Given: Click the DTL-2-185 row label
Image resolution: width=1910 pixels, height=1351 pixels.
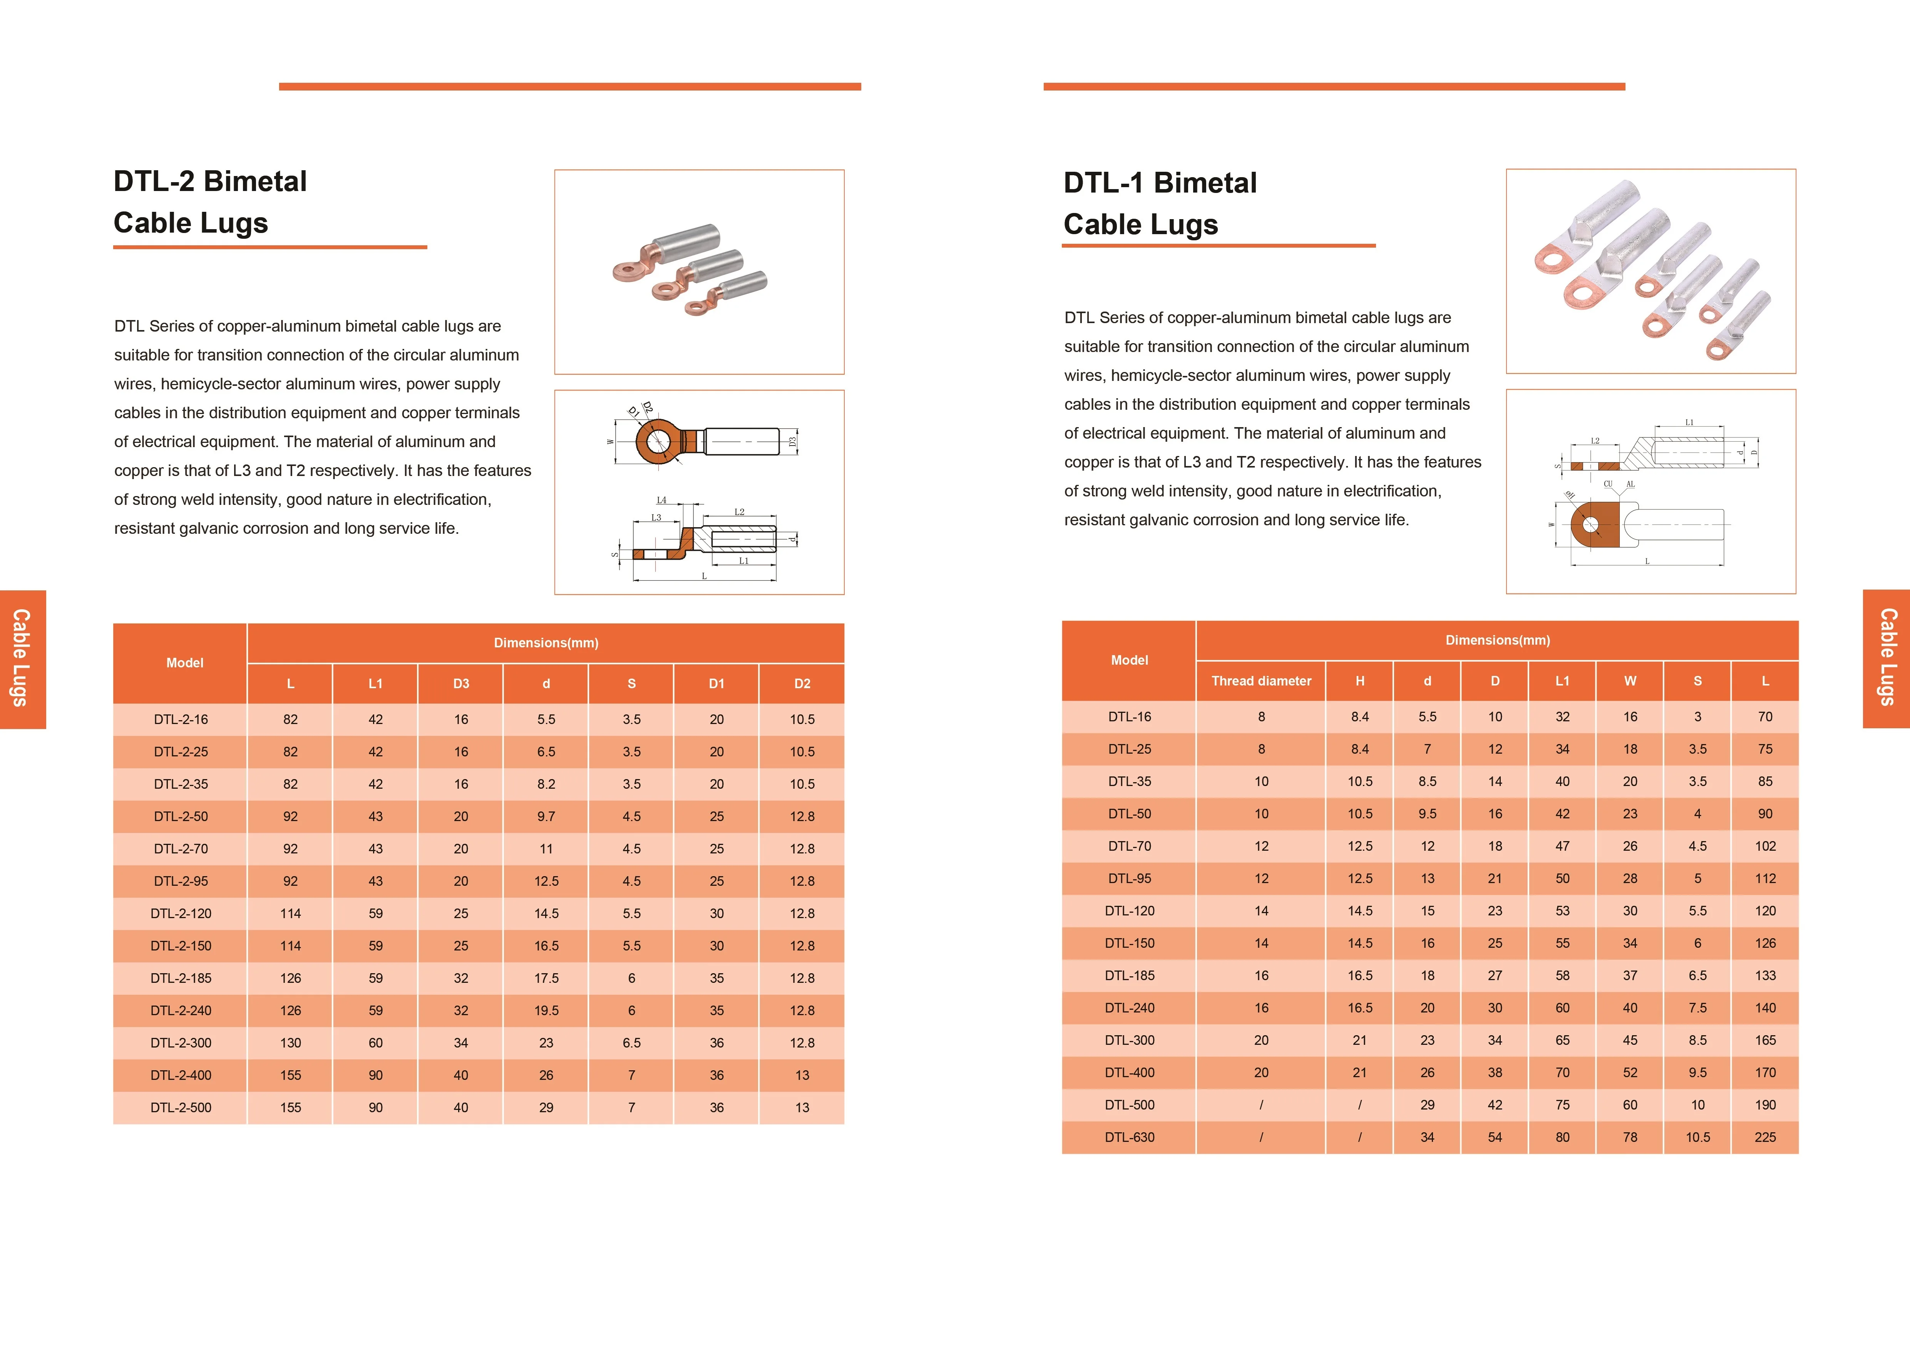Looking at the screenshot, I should click(x=181, y=978).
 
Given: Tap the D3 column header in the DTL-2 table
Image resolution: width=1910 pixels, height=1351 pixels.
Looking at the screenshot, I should click(x=461, y=684).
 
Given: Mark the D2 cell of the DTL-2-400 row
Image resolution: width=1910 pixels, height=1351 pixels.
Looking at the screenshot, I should click(x=802, y=1075).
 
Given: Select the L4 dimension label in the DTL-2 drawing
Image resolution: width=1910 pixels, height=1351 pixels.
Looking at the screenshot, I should click(x=661, y=500).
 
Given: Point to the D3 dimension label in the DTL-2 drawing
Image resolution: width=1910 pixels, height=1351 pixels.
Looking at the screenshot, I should click(x=793, y=442).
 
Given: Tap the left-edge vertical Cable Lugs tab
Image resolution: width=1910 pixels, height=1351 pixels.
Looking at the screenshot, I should click(x=22, y=659).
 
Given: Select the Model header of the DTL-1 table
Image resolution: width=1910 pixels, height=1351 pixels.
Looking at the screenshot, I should click(x=1129, y=660).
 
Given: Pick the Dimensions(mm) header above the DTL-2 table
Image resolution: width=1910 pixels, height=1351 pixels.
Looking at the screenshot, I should click(x=546, y=643).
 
